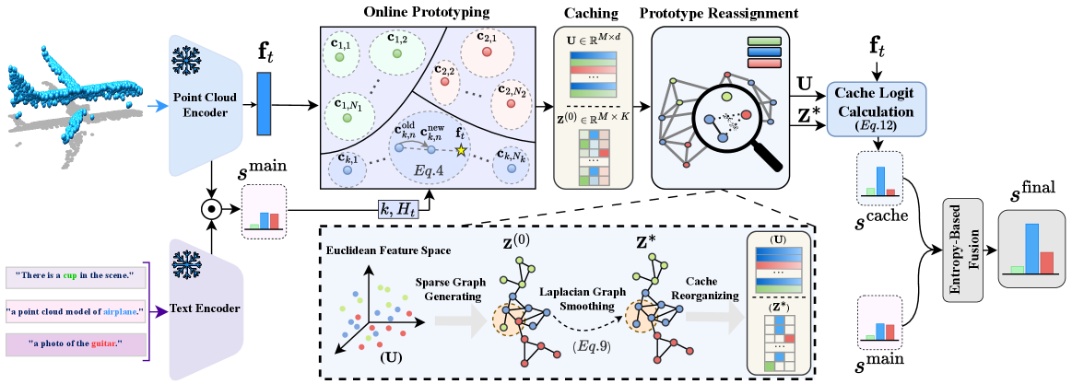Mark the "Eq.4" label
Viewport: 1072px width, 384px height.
(427, 171)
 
